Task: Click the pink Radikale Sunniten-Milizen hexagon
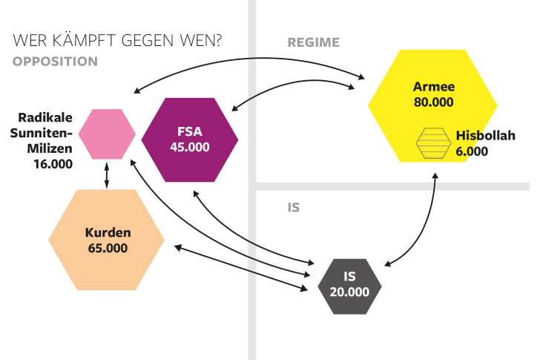pyautogui.click(x=107, y=134)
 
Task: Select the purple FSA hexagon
pyautogui.click(x=190, y=139)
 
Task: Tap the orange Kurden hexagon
pyautogui.click(x=106, y=240)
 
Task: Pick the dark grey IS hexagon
pyautogui.click(x=349, y=284)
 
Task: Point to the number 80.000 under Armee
pyautogui.click(x=433, y=102)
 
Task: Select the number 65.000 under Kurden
pyautogui.click(x=106, y=248)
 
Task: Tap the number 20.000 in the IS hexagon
pyautogui.click(x=349, y=291)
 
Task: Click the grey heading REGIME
pyautogui.click(x=313, y=42)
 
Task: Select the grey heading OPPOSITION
pyautogui.click(x=55, y=61)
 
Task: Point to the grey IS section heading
pyautogui.click(x=293, y=207)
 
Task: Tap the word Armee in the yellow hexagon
pyautogui.click(x=433, y=87)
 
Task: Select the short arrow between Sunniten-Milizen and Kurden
pyautogui.click(x=108, y=174)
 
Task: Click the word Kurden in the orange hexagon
pyautogui.click(x=106, y=232)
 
